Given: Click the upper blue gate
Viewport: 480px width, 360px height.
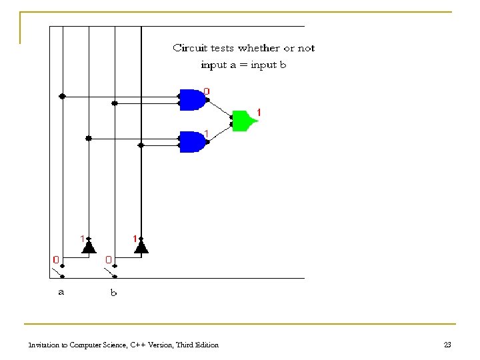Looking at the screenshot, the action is coord(193,100).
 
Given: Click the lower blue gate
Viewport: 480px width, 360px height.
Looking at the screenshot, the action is coord(193,141).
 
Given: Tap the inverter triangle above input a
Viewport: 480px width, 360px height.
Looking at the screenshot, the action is coord(87,247).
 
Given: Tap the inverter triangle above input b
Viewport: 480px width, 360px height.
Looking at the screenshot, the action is coord(140,247).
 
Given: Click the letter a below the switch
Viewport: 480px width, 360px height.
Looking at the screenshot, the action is coord(61,291).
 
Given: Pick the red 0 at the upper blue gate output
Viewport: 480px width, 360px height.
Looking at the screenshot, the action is coord(207,91).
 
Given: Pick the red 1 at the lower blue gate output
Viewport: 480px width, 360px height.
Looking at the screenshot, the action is coord(207,133).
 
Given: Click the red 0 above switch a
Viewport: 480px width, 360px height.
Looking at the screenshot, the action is coord(57,259).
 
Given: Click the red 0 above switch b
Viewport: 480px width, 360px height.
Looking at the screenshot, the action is coord(109,259).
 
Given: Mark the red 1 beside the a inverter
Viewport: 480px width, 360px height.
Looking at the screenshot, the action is coord(82,238).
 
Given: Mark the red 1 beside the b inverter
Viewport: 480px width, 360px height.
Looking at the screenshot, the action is coord(135,238).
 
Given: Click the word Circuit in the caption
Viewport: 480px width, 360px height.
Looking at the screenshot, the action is coord(189,48).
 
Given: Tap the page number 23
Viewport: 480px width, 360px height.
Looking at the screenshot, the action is coord(447,345).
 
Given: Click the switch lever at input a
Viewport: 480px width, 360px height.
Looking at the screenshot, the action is coord(57,272).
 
